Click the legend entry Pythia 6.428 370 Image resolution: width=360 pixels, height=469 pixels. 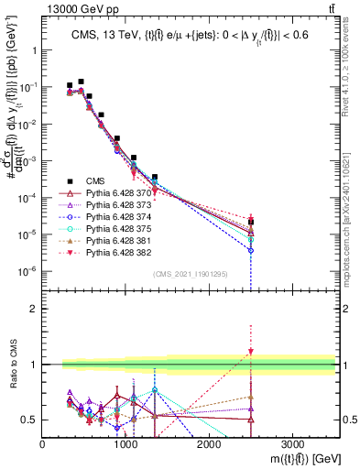point(108,193)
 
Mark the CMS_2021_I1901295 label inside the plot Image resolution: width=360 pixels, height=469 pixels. point(191,274)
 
